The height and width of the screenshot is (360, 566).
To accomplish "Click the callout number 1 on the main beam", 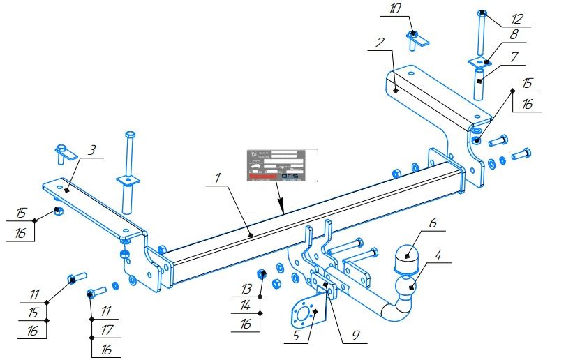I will tap(218, 179).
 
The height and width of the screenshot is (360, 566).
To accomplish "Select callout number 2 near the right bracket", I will tap(379, 43).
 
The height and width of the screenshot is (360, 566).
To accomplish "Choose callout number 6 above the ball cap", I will tap(433, 223).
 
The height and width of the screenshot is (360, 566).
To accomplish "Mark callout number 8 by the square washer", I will tap(513, 33).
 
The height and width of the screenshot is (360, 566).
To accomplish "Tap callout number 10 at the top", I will tap(396, 10).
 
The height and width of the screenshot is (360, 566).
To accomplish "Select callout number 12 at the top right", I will tap(516, 17).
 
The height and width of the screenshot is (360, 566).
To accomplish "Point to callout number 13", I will tap(246, 288).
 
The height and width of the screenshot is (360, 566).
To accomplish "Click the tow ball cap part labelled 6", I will tap(406, 259).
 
